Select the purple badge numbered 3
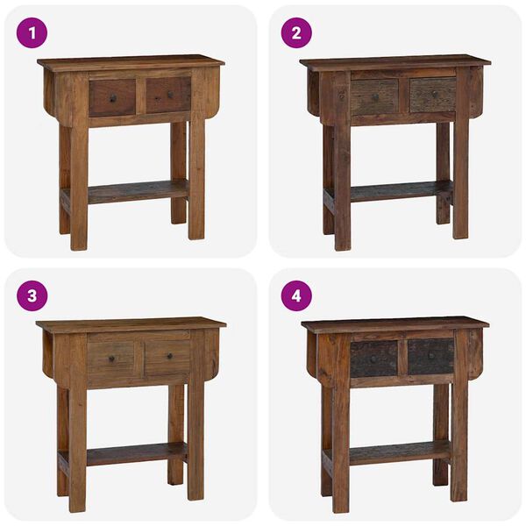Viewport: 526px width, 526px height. pyautogui.click(x=32, y=295)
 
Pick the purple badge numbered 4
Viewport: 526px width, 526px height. pyautogui.click(x=295, y=295)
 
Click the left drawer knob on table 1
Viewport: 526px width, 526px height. pyautogui.click(x=112, y=96)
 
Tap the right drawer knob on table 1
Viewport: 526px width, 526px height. pyautogui.click(x=167, y=95)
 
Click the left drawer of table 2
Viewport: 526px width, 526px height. pyautogui.click(x=374, y=96)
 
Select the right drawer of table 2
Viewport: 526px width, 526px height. pyautogui.click(x=432, y=95)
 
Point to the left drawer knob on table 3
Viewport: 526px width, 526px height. pyautogui.click(x=111, y=355)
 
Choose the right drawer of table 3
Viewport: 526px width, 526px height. pyautogui.click(x=167, y=357)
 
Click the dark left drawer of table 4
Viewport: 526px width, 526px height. pyautogui.click(x=374, y=358)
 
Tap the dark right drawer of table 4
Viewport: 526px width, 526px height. pyautogui.click(x=430, y=357)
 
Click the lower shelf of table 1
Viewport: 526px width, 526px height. pyautogui.click(x=136, y=189)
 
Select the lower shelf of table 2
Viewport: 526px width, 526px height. pyautogui.click(x=399, y=189)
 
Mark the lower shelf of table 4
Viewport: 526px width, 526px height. pyautogui.click(x=398, y=452)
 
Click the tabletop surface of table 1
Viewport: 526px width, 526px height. pyautogui.click(x=130, y=63)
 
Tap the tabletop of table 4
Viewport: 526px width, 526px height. pyautogui.click(x=394, y=324)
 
